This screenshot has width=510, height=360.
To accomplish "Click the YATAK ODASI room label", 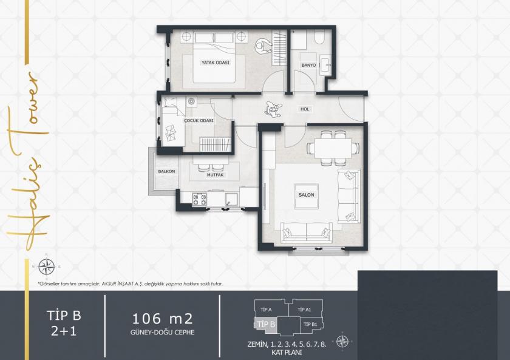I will (216, 62).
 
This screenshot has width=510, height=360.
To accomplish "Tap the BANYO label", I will (309, 65).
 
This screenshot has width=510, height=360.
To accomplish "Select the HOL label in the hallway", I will (305, 109).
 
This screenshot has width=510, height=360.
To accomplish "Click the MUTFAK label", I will (216, 175).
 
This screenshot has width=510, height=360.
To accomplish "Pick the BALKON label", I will (166, 171).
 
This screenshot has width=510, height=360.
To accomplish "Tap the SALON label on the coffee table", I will (305, 195).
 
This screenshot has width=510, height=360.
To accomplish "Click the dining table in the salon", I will (329, 148).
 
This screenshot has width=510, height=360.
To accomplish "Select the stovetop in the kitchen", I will (199, 199).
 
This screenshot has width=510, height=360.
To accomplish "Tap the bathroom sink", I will (325, 63).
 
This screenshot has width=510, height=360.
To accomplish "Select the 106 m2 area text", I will (162, 319).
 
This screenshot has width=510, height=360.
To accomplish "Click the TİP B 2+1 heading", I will (64, 322).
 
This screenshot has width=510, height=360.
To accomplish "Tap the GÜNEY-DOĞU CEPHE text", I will (162, 333).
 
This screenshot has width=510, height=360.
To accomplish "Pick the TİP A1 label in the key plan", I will (305, 310).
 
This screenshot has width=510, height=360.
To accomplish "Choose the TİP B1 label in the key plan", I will (310, 325).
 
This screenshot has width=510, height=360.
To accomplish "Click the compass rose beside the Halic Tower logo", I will (46, 265).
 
